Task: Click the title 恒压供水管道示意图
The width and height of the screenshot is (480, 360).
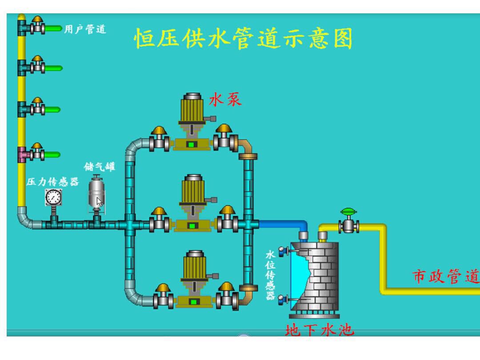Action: pos(243,39)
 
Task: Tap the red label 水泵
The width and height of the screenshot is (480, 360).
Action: pos(225,100)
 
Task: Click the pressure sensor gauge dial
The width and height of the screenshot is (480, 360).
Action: pos(53,197)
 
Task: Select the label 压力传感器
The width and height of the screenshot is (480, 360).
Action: pos(52,182)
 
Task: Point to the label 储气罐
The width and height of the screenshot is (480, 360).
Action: pos(100,167)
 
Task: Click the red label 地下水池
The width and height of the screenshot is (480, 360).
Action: pos(319,330)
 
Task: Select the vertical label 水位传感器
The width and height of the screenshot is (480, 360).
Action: pos(270,276)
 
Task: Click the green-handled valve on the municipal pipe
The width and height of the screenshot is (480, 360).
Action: pos(349,222)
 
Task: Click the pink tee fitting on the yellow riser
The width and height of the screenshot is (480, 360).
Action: pos(22,155)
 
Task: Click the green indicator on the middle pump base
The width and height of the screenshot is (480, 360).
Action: pos(192,225)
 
